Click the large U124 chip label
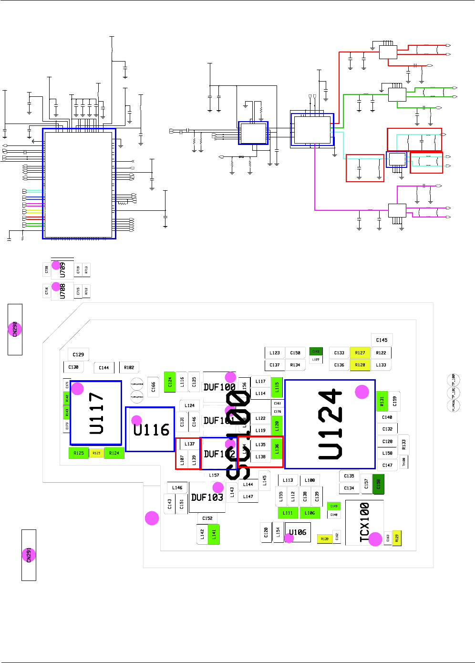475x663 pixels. pos(330,425)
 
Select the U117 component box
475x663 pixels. pos(96,413)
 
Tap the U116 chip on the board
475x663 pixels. pos(151,429)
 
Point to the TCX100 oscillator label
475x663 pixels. pos(364,523)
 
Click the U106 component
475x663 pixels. pos(298,532)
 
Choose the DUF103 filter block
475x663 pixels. pos(207,497)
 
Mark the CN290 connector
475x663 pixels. pos(15,329)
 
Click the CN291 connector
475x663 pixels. pos(29,555)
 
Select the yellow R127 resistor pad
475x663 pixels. pos(360,353)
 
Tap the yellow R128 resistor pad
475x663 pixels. pos(360,365)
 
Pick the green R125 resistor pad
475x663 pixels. pos(79,453)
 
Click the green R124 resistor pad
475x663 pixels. pos(114,453)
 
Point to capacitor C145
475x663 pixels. pos(382,340)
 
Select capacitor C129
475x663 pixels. pos(78,354)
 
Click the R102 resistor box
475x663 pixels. pos(129,367)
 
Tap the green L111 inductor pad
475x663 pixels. pos(288,513)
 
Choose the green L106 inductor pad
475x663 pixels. pos(310,513)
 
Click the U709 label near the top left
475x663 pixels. pos(62,270)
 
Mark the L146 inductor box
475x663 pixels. pos(177,488)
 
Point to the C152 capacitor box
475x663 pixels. pos(207,518)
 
